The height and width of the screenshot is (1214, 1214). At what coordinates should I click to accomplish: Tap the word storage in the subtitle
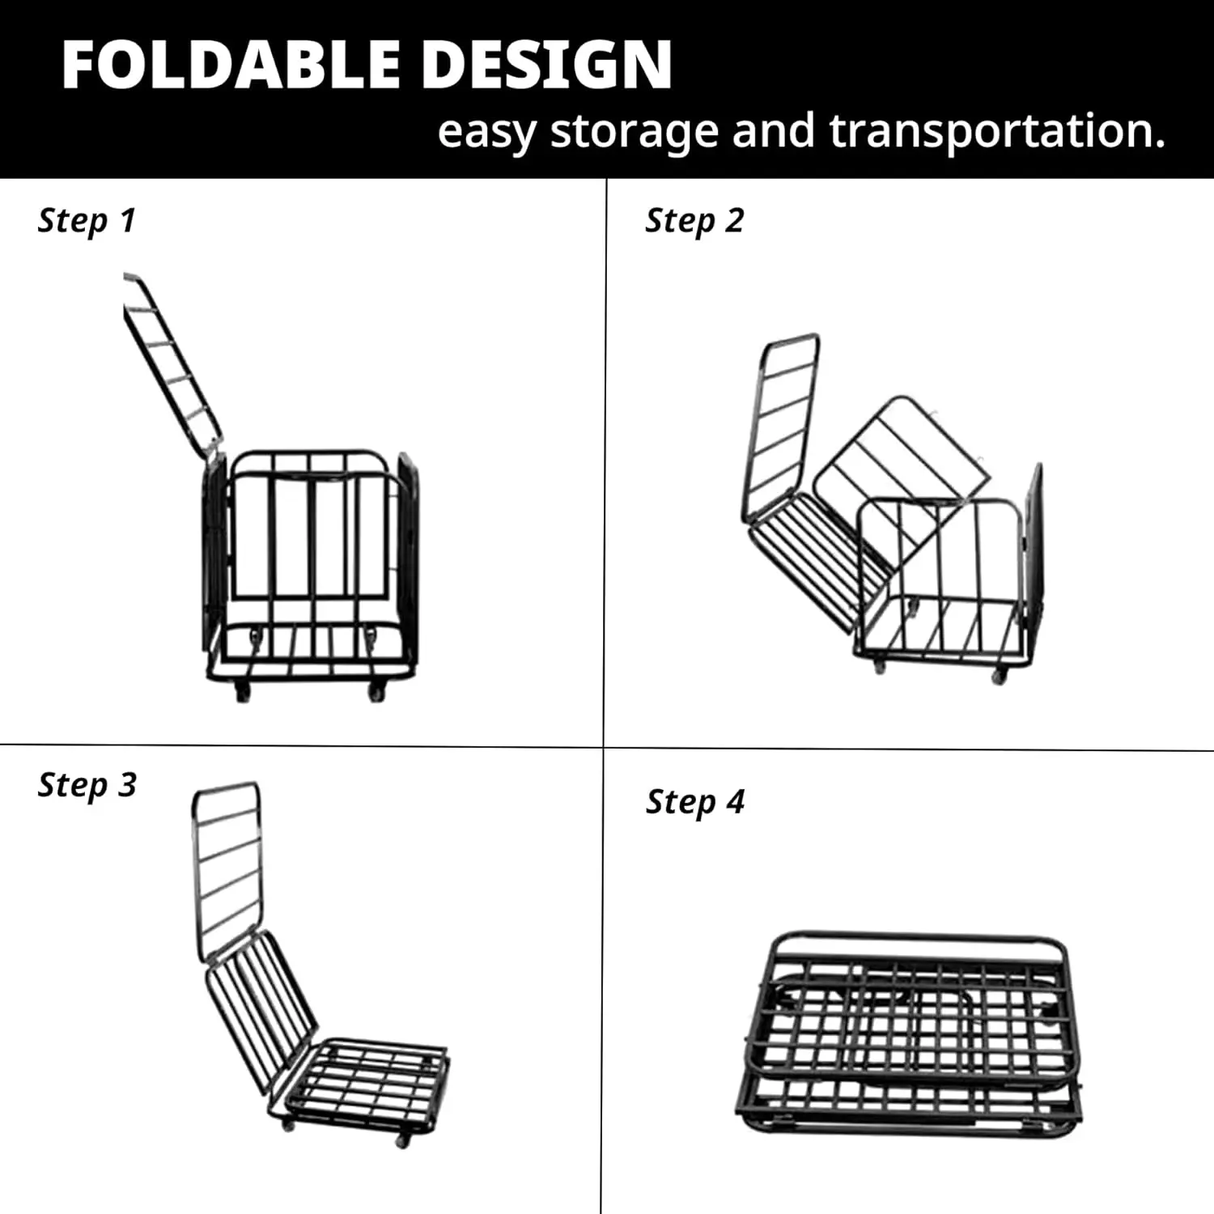click(x=634, y=131)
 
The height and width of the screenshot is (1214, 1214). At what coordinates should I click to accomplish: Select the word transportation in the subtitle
click(x=997, y=131)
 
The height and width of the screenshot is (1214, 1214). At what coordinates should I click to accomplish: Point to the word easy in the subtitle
click(x=486, y=133)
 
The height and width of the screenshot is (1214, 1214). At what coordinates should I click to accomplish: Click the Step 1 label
click(x=87, y=221)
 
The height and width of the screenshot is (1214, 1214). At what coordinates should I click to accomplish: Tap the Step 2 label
click(x=694, y=221)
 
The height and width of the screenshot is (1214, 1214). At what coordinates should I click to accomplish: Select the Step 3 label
click(x=87, y=786)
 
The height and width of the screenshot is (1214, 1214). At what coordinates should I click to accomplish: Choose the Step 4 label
click(x=694, y=803)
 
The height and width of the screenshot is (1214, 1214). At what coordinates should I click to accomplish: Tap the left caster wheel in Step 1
click(x=242, y=692)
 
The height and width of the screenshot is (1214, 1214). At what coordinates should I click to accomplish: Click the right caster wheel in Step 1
click(x=376, y=692)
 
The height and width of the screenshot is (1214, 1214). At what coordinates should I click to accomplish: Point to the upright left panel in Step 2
click(x=781, y=425)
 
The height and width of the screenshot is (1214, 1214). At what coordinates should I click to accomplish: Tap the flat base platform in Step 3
click(x=368, y=1080)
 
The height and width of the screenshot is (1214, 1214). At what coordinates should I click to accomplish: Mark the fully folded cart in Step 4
click(x=910, y=1032)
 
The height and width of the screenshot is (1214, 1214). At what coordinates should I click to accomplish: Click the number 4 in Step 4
click(x=735, y=802)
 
